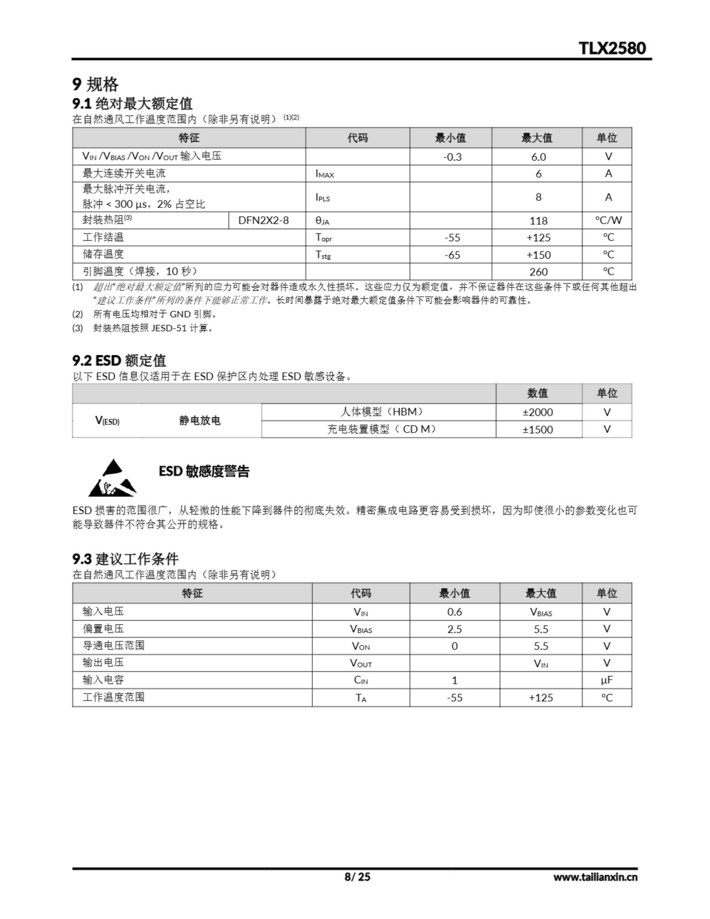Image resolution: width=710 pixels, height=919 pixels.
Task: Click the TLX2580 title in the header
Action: [x=612, y=48]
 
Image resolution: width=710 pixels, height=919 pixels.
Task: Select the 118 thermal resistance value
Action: [x=538, y=220]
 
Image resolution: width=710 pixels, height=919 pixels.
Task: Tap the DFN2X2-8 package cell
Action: [x=263, y=220]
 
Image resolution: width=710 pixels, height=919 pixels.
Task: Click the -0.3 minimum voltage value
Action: [x=452, y=157]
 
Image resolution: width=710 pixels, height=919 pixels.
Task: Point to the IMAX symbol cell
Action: [x=324, y=174]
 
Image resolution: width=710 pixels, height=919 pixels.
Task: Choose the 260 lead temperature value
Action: [x=538, y=272]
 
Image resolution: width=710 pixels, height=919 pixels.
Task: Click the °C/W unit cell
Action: [x=608, y=220]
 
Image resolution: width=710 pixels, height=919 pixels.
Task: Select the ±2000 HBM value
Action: [x=537, y=412]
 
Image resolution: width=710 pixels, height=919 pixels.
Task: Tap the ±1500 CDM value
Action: [x=537, y=430]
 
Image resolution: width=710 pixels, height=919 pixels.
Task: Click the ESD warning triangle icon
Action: [x=112, y=478]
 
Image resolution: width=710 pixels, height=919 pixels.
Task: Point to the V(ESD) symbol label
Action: [x=107, y=421]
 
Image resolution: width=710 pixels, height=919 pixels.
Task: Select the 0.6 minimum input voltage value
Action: [x=454, y=612]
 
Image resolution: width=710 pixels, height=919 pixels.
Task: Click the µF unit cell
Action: [x=607, y=680]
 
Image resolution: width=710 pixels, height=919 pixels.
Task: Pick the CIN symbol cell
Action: [x=361, y=680]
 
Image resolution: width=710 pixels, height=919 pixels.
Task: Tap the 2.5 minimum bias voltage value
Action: [x=454, y=629]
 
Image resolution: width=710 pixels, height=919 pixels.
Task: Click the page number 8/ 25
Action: [x=357, y=877]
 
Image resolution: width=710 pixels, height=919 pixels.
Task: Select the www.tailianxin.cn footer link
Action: [x=595, y=877]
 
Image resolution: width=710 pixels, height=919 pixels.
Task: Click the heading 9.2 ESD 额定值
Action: [x=120, y=361]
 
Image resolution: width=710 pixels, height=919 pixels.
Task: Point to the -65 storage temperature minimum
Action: [x=452, y=255]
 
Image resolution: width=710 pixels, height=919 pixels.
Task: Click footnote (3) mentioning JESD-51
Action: [x=143, y=328]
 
